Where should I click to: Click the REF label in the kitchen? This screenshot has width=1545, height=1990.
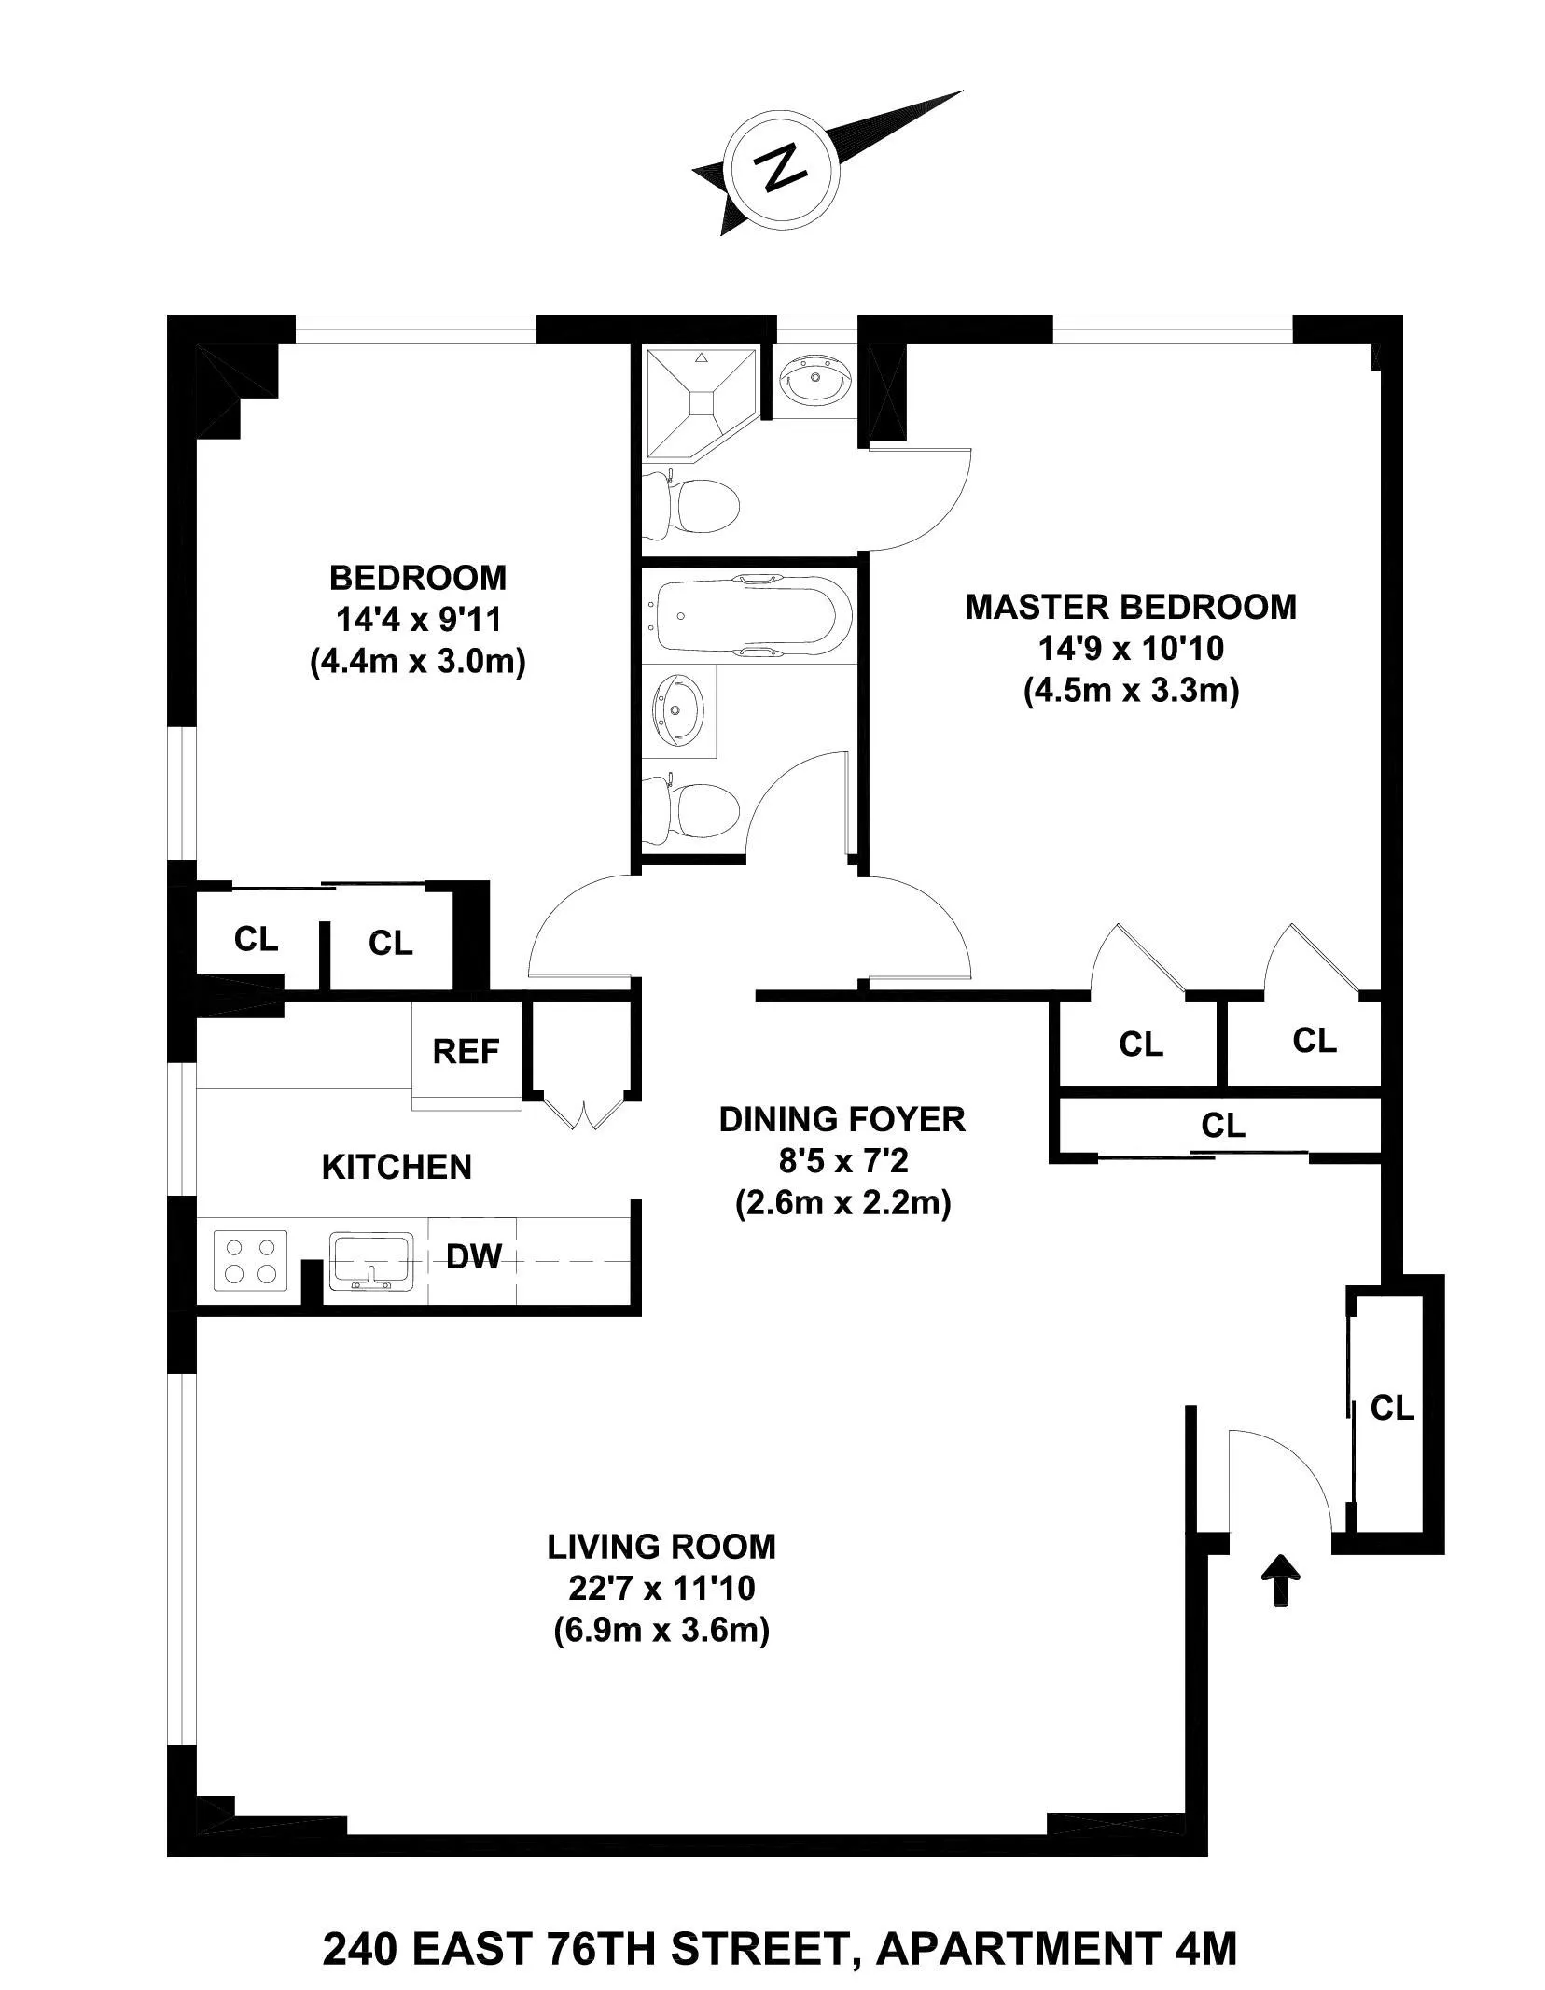pyautogui.click(x=466, y=1052)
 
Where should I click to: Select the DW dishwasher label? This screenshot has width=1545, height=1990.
pyautogui.click(x=473, y=1257)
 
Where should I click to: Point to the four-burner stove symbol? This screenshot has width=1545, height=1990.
pyautogui.click(x=250, y=1260)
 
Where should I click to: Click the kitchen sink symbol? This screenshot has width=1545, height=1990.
pyautogui.click(x=370, y=1260)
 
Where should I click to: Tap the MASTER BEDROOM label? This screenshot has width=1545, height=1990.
pyautogui.click(x=1131, y=607)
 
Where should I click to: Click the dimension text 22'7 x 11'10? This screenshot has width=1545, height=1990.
pyautogui.click(x=661, y=1588)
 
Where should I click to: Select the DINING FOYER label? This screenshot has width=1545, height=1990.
pyautogui.click(x=842, y=1119)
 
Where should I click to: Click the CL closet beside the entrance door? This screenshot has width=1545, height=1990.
pyautogui.click(x=1391, y=1408)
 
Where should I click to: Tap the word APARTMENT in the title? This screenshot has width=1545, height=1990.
pyautogui.click(x=1016, y=1920)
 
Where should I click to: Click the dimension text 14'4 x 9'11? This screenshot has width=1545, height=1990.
pyautogui.click(x=418, y=620)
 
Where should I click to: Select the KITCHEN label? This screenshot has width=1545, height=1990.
pyautogui.click(x=397, y=1167)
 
